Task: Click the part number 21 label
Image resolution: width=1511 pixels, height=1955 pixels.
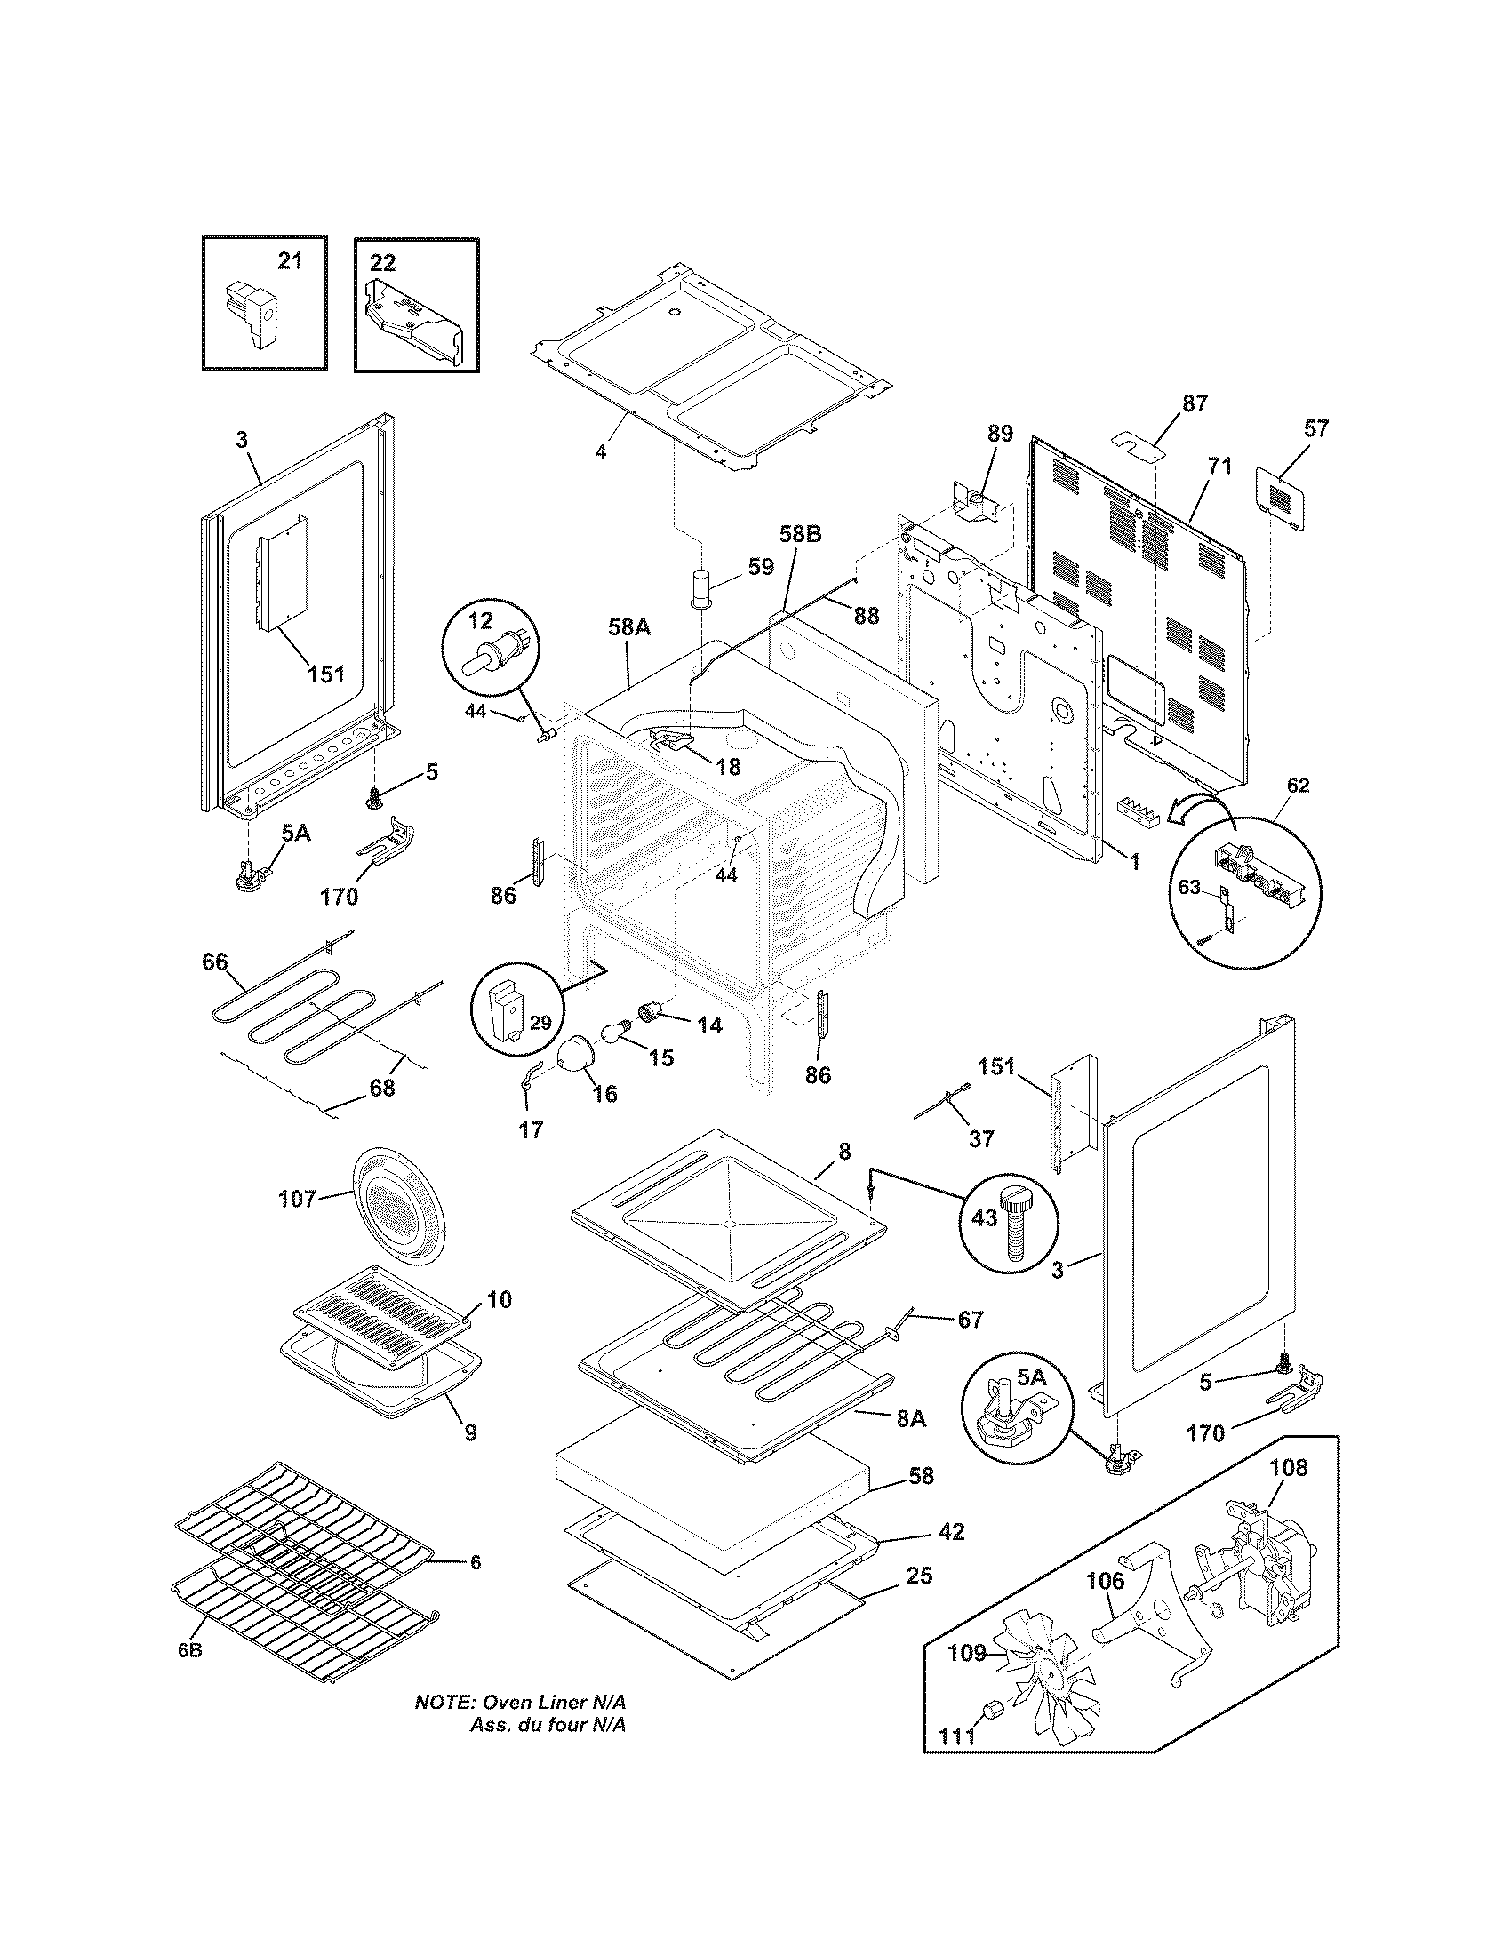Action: (289, 261)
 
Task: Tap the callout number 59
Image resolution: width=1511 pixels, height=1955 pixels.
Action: (760, 567)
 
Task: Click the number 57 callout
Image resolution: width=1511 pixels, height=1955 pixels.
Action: (1315, 428)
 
